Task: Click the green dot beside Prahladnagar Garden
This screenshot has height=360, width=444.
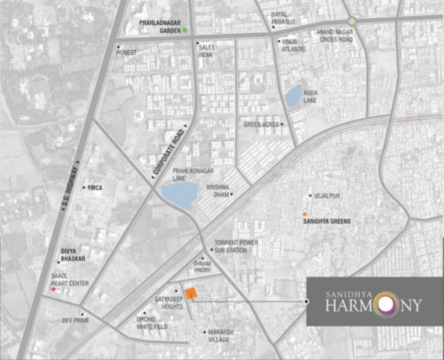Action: (x=185, y=30)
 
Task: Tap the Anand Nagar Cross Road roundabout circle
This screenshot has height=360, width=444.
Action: (x=352, y=21)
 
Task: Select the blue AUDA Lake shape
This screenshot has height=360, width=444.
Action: (x=293, y=96)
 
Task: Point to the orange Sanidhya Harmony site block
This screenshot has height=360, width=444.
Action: (x=191, y=293)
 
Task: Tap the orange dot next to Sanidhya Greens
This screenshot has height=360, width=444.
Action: (x=305, y=214)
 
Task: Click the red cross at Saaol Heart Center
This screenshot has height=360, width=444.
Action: (x=53, y=290)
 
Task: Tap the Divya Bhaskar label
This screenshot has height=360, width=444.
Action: (x=73, y=255)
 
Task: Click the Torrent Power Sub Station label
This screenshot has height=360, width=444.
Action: (x=236, y=246)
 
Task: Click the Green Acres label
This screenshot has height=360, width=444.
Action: (x=261, y=125)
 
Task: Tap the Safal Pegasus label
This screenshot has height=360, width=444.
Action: (x=283, y=18)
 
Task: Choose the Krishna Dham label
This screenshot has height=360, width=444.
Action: (x=218, y=190)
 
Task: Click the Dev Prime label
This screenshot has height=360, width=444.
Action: (x=75, y=321)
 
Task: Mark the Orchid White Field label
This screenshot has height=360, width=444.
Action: (x=152, y=322)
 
